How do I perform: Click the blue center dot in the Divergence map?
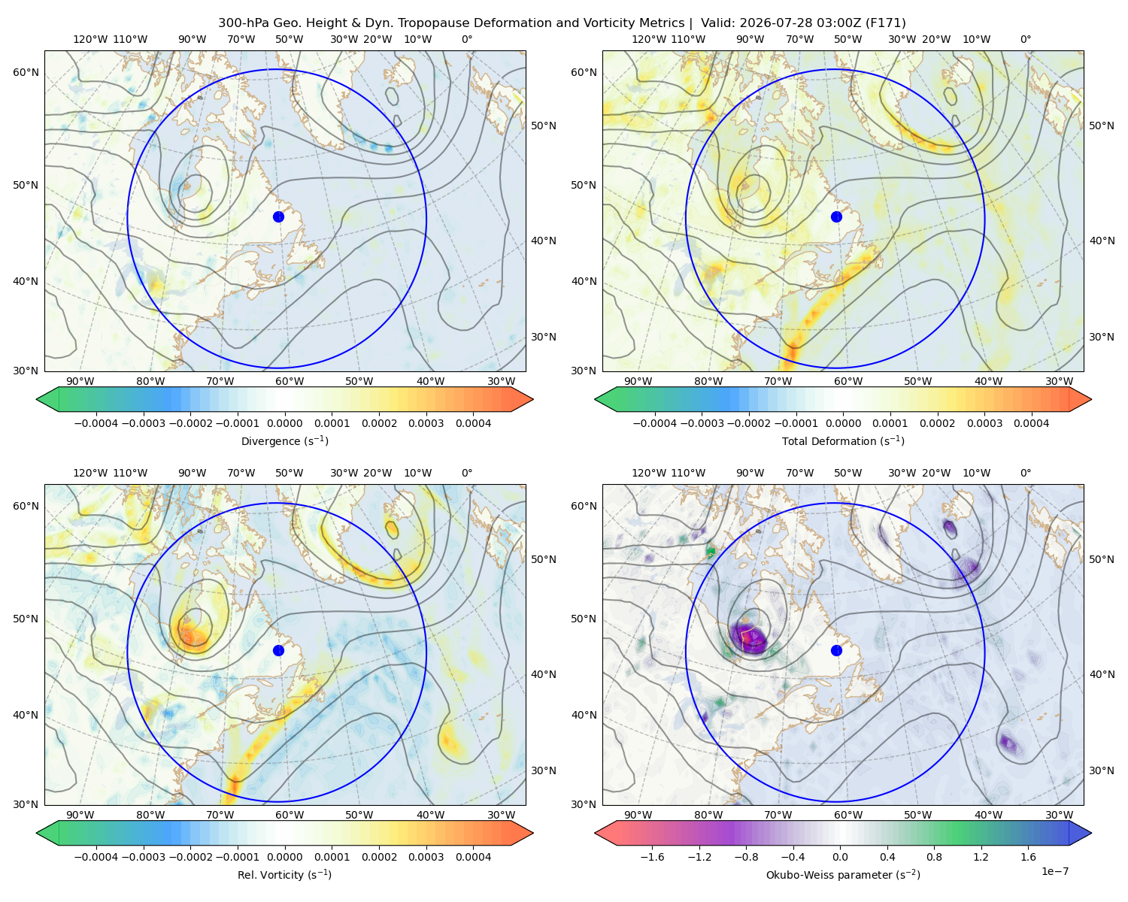pyautogui.click(x=278, y=217)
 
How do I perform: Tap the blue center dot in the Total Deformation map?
pyautogui.click(x=836, y=217)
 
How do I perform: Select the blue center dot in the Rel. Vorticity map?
pyautogui.click(x=278, y=650)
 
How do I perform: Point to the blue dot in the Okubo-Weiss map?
pyautogui.click(x=836, y=650)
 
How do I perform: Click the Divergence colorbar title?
pyautogui.click(x=284, y=441)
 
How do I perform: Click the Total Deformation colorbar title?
pyautogui.click(x=843, y=441)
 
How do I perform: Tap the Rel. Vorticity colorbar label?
pyautogui.click(x=284, y=875)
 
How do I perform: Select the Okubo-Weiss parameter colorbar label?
pyautogui.click(x=843, y=875)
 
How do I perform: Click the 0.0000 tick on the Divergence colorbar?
pyautogui.click(x=284, y=423)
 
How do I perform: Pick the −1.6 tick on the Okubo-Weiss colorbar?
pyautogui.click(x=652, y=857)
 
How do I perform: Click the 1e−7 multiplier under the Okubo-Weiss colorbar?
pyautogui.click(x=1054, y=872)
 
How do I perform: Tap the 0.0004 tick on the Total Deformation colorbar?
pyautogui.click(x=1032, y=423)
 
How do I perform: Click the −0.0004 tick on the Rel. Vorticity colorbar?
pyautogui.click(x=96, y=857)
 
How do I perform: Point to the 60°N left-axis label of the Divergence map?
pyautogui.click(x=26, y=72)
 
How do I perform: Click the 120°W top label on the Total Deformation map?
pyautogui.click(x=649, y=39)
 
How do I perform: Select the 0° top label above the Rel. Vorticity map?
pyautogui.click(x=467, y=473)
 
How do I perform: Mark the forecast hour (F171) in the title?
pyautogui.click(x=887, y=23)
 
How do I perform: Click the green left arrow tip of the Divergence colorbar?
pyautogui.click(x=37, y=400)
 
